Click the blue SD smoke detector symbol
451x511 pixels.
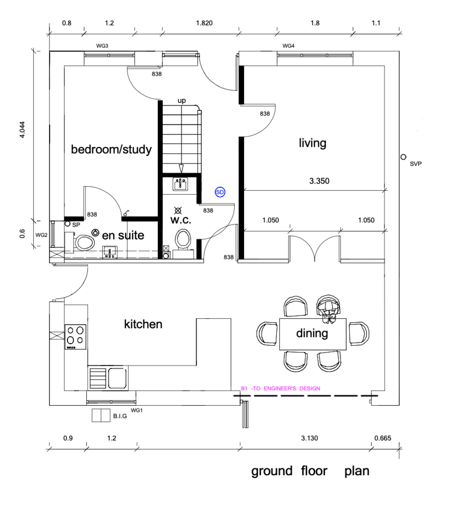[x=220, y=192]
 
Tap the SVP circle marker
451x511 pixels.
[x=403, y=157]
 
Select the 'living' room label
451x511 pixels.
[x=312, y=143]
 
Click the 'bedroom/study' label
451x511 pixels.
[x=111, y=149]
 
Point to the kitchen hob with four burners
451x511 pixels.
[x=75, y=337]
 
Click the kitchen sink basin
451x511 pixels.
[x=117, y=378]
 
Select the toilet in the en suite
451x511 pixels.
[x=83, y=243]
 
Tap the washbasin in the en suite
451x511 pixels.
[x=110, y=252]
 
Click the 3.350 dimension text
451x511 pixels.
[x=319, y=181]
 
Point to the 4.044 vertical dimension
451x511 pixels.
[x=22, y=129]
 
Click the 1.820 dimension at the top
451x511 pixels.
[x=204, y=23]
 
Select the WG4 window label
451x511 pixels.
[x=288, y=46]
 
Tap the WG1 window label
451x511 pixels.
[x=137, y=411]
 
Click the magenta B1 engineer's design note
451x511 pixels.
[x=280, y=388]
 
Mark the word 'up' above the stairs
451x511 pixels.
[x=182, y=100]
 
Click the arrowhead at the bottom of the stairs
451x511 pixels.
[x=181, y=169]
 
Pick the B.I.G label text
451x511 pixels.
[x=120, y=416]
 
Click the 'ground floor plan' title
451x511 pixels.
[x=310, y=471]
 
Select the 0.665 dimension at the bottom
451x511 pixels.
[x=382, y=438]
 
